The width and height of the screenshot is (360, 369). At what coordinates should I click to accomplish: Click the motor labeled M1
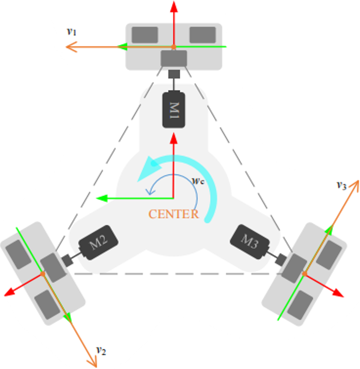[x=174, y=109]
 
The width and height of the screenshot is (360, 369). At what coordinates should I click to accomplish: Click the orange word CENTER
[x=174, y=214]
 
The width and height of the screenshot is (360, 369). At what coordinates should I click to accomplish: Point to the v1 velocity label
[x=72, y=31]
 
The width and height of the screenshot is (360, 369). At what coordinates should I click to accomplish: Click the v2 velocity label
[x=101, y=351]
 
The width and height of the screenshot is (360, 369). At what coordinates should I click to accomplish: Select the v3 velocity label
[x=341, y=184]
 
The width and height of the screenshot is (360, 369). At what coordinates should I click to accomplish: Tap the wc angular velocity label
[x=197, y=181]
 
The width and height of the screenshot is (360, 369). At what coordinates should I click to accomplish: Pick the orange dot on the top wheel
[x=174, y=47]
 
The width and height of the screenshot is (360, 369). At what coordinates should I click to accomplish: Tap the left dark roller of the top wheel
[x=145, y=35]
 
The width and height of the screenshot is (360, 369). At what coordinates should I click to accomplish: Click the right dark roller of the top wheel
[x=202, y=35]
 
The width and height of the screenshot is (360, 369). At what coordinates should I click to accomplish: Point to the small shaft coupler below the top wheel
[x=174, y=74]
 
